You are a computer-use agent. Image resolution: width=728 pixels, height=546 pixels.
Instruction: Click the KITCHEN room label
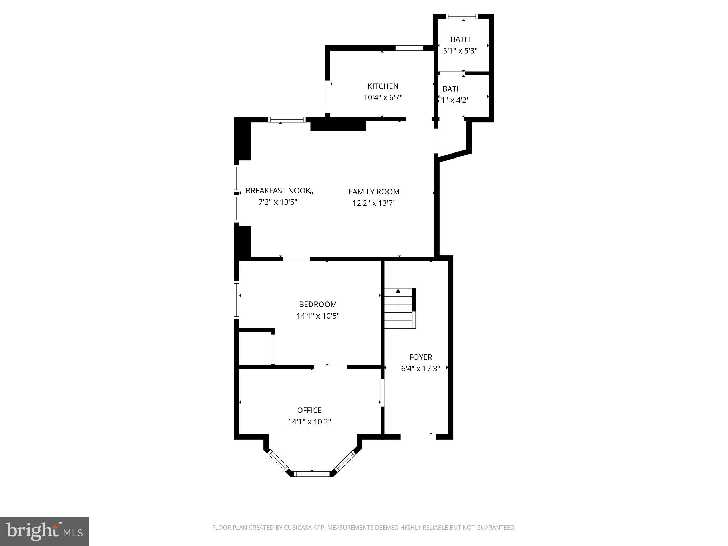click(x=383, y=86)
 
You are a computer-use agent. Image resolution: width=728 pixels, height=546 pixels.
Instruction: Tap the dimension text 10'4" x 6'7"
click(x=383, y=97)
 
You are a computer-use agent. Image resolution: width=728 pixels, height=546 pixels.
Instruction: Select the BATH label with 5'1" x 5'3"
click(x=460, y=39)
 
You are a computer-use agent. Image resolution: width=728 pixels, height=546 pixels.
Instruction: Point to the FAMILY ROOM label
click(x=374, y=192)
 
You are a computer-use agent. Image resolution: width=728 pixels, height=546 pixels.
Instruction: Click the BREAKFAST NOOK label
click(x=278, y=191)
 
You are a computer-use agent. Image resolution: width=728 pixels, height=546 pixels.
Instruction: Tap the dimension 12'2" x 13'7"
click(x=374, y=203)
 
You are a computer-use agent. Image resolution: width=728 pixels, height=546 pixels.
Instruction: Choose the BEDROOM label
click(x=318, y=304)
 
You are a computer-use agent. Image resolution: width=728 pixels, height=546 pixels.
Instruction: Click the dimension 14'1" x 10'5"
click(x=318, y=316)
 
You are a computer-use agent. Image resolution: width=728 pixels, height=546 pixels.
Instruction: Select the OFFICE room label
click(x=309, y=410)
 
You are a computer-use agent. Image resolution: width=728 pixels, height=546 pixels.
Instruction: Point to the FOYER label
click(x=421, y=357)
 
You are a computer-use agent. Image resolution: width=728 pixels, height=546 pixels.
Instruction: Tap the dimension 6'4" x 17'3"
click(x=421, y=369)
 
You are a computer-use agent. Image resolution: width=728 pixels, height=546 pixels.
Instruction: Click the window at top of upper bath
click(x=462, y=16)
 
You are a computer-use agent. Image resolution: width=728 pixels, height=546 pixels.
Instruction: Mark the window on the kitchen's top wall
click(x=409, y=48)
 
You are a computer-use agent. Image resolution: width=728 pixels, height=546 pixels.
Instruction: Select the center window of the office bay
click(x=312, y=473)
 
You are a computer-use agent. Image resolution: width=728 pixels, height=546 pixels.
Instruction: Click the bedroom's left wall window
click(x=236, y=299)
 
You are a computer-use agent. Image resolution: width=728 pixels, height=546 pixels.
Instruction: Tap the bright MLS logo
click(x=44, y=531)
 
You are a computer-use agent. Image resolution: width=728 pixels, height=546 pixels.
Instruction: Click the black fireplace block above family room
click(x=338, y=125)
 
